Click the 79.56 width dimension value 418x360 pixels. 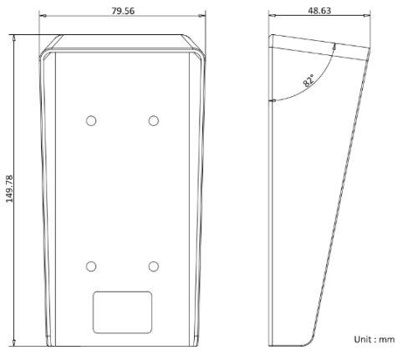pos(123,11)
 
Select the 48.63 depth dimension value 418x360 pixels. pos(319,11)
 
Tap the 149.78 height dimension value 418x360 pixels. pos(9,189)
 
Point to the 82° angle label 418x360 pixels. pos(308,80)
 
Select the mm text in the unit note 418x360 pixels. pos(387,340)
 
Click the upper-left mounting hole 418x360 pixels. pos(91,121)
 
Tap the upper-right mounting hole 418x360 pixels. pos(154,121)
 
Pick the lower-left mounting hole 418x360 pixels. pos(91,266)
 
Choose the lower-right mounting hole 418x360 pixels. pos(154,266)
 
